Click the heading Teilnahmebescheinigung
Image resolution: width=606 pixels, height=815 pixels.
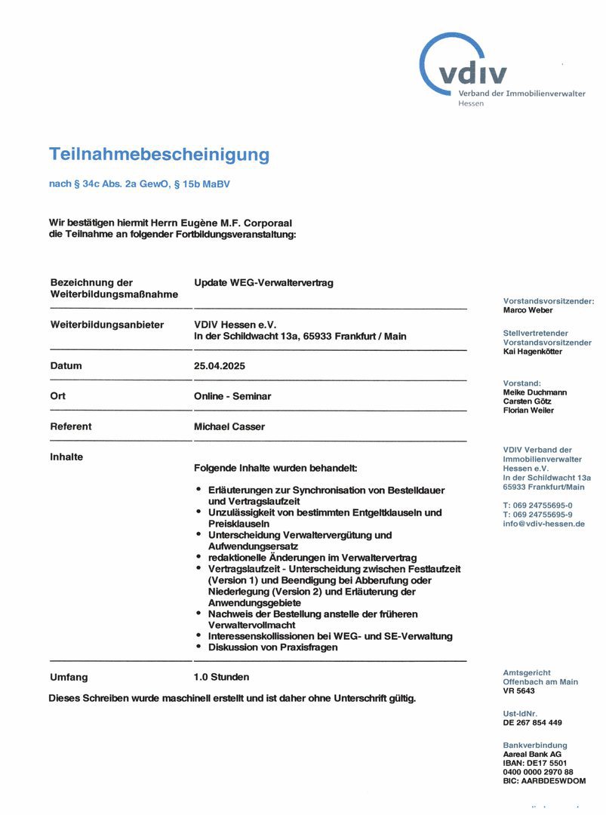tap(159, 155)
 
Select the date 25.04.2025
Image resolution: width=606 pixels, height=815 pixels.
tap(220, 366)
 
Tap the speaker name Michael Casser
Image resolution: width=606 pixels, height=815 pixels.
tap(229, 426)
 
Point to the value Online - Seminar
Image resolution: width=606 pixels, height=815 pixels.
tap(232, 396)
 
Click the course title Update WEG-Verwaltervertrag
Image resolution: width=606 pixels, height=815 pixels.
tap(263, 283)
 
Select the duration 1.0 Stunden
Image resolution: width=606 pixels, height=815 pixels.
tap(221, 677)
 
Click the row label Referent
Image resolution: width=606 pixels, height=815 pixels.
tap(71, 426)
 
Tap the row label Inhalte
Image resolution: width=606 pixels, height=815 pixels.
tap(66, 457)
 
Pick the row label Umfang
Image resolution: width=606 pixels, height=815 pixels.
tap(69, 677)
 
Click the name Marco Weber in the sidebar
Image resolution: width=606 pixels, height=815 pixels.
tap(528, 310)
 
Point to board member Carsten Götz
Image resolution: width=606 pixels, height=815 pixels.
tap(528, 401)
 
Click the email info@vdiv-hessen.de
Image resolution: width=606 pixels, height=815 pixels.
tap(544, 524)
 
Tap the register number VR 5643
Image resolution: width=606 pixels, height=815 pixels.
tap(518, 690)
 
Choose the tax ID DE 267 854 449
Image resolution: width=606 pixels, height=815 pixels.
tap(532, 722)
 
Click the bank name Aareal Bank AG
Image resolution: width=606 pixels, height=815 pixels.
tap(532, 754)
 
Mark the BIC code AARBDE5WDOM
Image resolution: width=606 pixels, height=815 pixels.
tap(544, 781)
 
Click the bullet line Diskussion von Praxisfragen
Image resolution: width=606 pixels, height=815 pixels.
tap(272, 647)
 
